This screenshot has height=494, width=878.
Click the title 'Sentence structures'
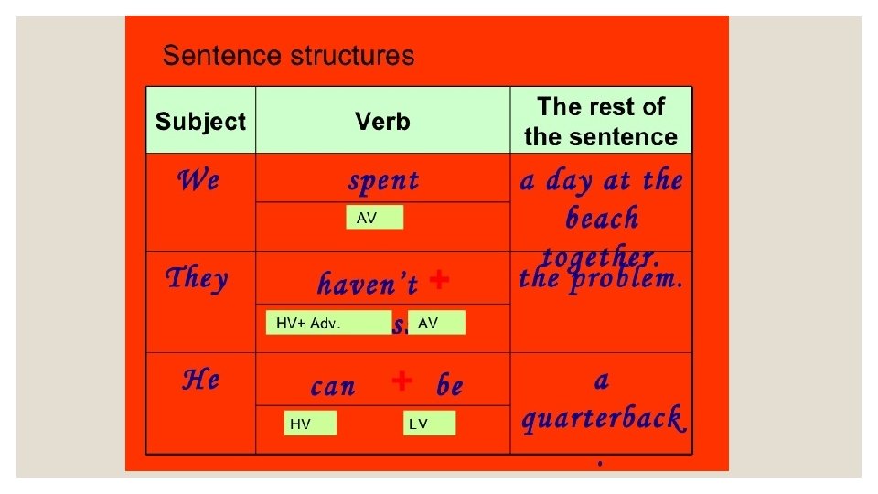click(288, 57)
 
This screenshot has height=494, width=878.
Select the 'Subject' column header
click(200, 122)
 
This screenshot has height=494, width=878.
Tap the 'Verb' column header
click(382, 122)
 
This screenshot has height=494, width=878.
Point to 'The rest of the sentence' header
click(600, 122)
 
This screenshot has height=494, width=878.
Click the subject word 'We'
click(198, 180)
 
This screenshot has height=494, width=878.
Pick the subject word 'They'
click(196, 278)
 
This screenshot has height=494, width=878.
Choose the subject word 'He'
click(200, 379)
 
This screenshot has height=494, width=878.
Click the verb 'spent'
click(383, 181)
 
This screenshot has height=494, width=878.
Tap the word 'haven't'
click(368, 285)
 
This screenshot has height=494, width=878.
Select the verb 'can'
click(333, 386)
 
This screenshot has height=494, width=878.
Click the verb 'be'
click(449, 386)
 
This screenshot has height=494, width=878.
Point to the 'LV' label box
click(429, 424)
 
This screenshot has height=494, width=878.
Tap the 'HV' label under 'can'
click(310, 424)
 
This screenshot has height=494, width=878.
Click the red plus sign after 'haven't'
click(439, 280)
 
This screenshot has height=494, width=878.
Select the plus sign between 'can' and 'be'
click(401, 381)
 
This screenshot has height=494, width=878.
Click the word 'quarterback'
click(601, 419)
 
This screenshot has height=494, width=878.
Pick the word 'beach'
click(601, 220)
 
